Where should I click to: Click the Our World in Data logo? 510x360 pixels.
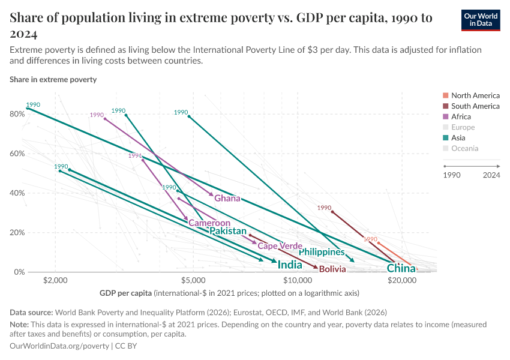[x=481, y=20]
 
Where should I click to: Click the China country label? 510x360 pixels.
[x=401, y=268]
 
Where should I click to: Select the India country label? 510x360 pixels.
[x=290, y=265]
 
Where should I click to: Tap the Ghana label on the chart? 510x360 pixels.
[x=227, y=199]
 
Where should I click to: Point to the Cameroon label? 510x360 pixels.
[x=209, y=223]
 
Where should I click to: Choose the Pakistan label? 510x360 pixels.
[x=227, y=231]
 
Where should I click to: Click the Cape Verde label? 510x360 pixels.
[x=280, y=246]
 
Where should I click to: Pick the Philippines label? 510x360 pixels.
[x=322, y=252]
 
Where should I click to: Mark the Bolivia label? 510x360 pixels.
[x=332, y=269]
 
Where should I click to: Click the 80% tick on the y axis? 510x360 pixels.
[x=17, y=114]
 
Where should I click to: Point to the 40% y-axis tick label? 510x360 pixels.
[x=17, y=193]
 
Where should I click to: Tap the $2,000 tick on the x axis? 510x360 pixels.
[x=55, y=280]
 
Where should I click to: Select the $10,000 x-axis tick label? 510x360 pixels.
[x=297, y=280]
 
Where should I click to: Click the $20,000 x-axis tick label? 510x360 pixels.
[x=401, y=280]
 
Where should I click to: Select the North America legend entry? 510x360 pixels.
[x=475, y=95]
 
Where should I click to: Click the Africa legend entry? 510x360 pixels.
[x=461, y=117]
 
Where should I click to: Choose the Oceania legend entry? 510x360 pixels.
[x=464, y=149]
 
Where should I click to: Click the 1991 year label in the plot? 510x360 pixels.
[x=135, y=155]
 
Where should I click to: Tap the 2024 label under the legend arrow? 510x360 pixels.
[x=491, y=175]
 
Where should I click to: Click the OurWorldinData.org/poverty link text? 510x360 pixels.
[x=59, y=346]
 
